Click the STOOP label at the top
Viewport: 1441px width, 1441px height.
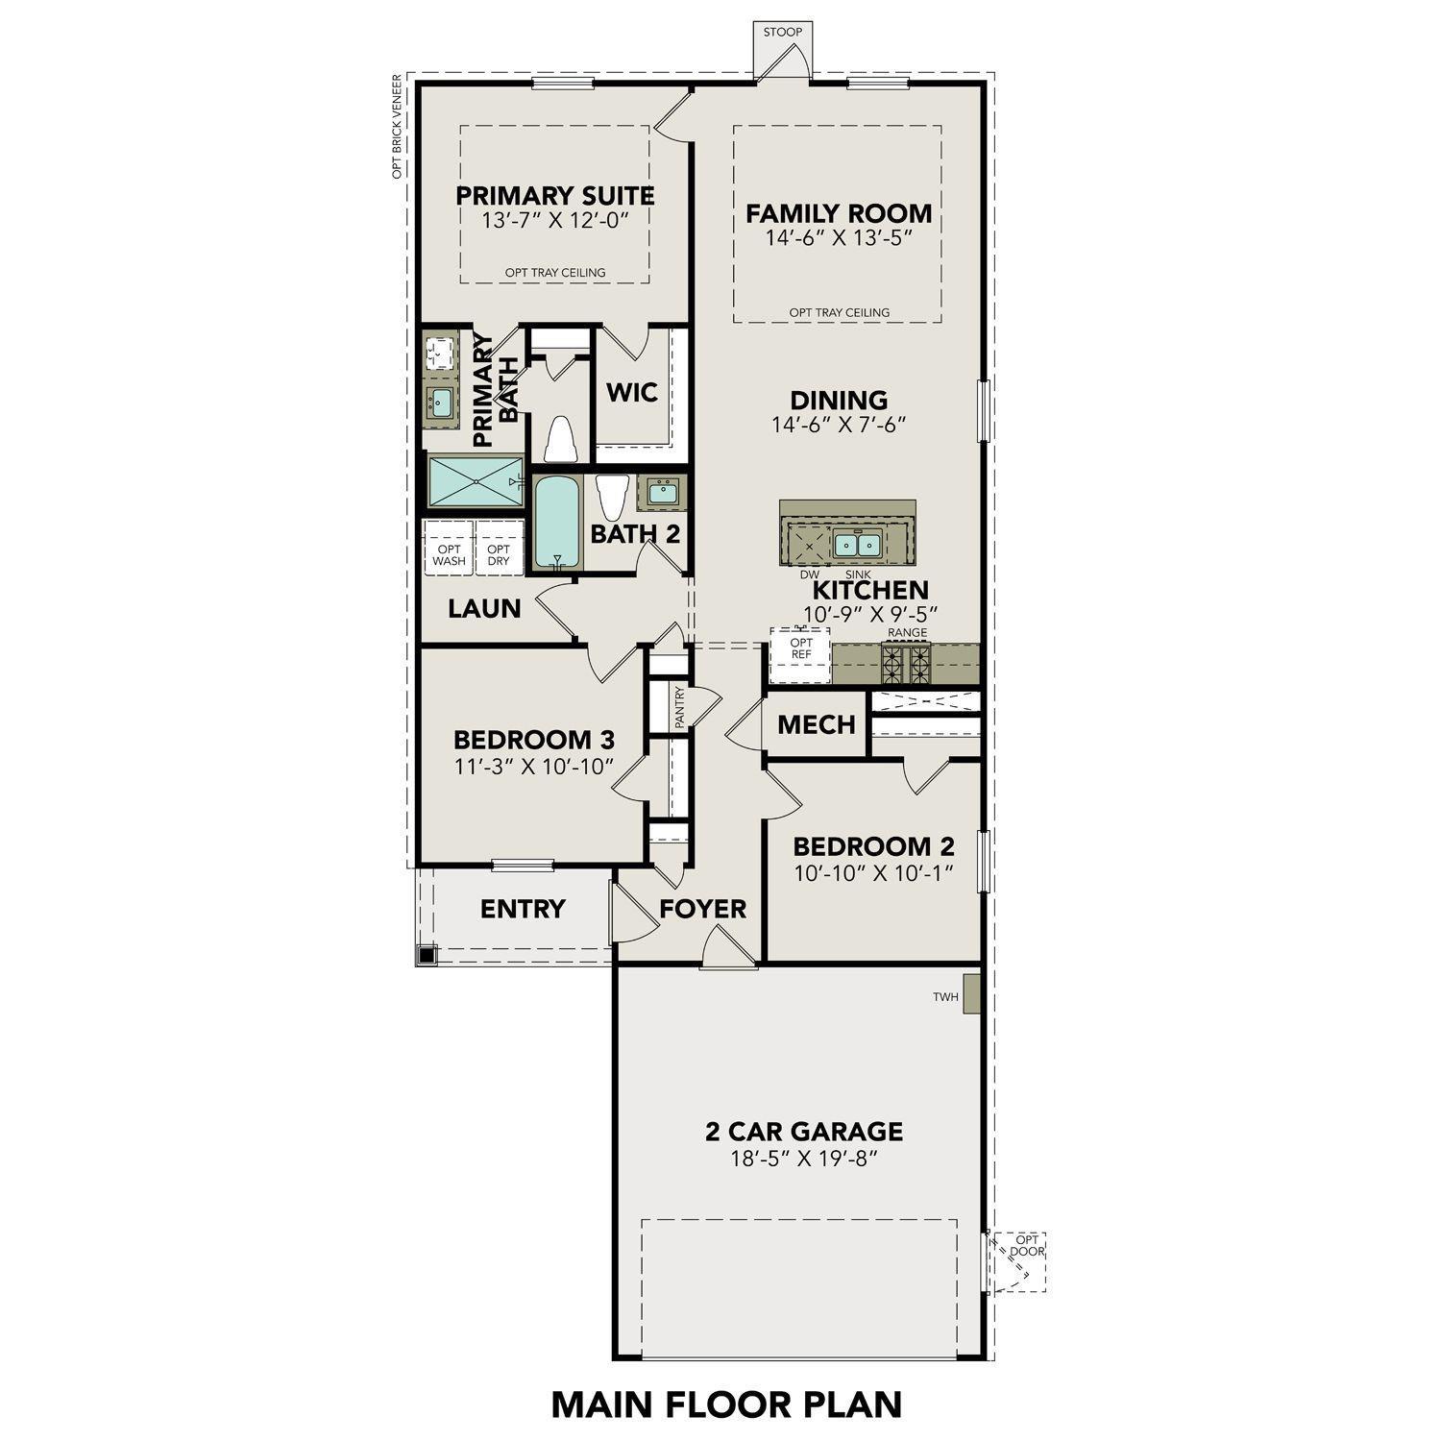(783, 33)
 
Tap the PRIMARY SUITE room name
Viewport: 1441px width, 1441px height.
(555, 196)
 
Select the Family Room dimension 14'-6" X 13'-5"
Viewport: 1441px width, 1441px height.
(839, 238)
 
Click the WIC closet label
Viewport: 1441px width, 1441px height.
(632, 392)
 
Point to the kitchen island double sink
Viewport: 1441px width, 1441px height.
(858, 545)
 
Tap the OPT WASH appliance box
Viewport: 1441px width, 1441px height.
(449, 555)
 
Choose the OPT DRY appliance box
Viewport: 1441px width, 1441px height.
(499, 555)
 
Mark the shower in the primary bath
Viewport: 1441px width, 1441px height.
(476, 480)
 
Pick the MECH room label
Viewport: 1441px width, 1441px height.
(817, 724)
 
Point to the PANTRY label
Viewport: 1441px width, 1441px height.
(679, 707)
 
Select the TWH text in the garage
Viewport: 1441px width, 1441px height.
(945, 997)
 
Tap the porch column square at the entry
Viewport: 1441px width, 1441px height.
(427, 955)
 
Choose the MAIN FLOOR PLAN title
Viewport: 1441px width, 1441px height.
(726, 1404)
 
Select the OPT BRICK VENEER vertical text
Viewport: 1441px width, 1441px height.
(395, 131)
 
